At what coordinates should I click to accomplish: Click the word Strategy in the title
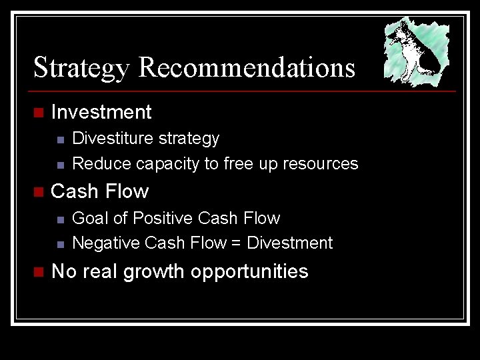(x=83, y=68)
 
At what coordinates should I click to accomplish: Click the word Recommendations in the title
(x=247, y=68)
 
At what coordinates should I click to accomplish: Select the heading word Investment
(x=101, y=112)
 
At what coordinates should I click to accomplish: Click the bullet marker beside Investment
(x=38, y=113)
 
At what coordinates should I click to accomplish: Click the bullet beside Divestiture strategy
(x=60, y=139)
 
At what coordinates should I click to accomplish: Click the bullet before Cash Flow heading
(x=38, y=193)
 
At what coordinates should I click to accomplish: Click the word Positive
(x=162, y=218)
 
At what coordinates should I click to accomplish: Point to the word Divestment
(x=289, y=243)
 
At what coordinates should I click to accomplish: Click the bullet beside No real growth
(x=38, y=273)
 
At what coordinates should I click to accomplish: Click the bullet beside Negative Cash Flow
(x=60, y=245)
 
